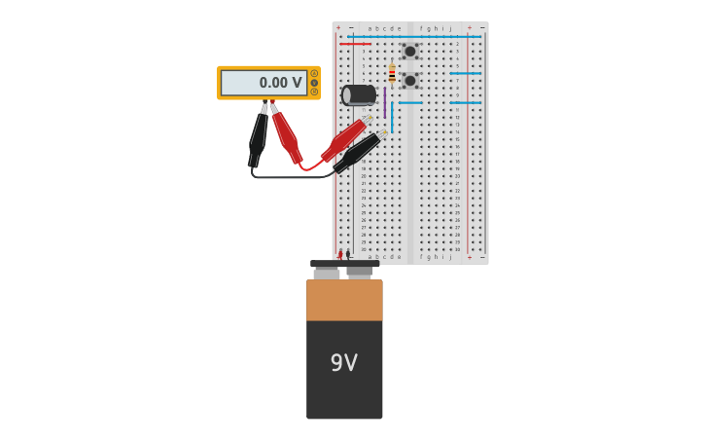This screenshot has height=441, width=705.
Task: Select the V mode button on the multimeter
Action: point(314,74)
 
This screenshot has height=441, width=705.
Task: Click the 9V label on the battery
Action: point(343,363)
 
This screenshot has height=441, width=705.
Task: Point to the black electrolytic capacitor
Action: point(358,94)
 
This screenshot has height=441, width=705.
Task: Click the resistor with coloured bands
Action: point(392,74)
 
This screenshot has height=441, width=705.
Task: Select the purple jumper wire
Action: point(384,101)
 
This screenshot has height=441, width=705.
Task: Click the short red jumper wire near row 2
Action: point(355,44)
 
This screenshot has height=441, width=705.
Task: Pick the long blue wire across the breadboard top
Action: point(413,36)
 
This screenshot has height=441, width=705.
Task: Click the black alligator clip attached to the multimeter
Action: point(258,136)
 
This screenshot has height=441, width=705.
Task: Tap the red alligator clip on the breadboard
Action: point(344,140)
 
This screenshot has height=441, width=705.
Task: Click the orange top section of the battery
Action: point(344,300)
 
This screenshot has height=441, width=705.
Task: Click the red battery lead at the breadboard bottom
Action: point(339,255)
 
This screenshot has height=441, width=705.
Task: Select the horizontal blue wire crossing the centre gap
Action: point(410,102)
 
